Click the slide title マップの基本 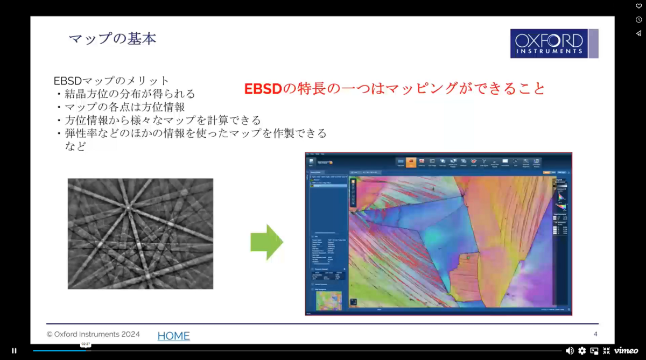[113, 39]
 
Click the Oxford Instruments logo [554, 44]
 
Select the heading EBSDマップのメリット [111, 81]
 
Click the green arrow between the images [266, 242]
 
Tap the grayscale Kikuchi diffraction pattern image [140, 234]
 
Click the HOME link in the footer [173, 336]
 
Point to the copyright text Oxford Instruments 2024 [93, 334]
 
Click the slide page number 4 [595, 334]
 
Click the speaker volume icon [570, 350]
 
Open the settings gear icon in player [582, 350]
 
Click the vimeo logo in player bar [626, 350]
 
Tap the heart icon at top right [638, 6]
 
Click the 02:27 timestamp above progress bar [86, 344]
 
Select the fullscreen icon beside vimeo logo [607, 350]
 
